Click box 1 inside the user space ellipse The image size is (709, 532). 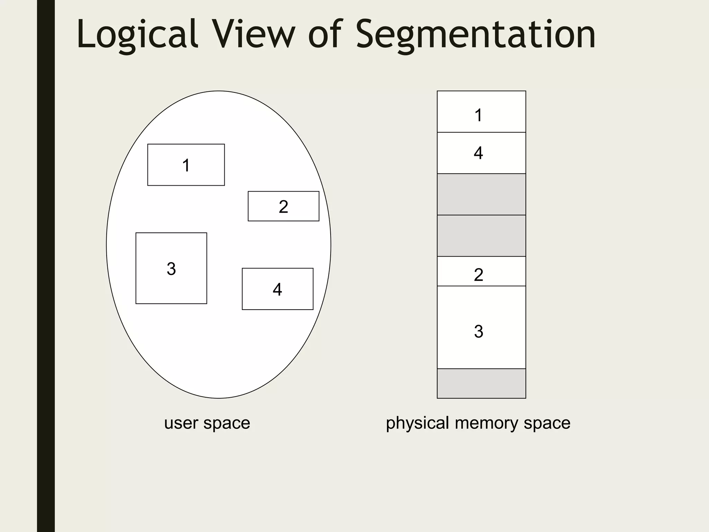[x=186, y=165]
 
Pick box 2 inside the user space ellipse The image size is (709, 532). [x=284, y=206]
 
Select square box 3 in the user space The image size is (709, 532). [x=171, y=268]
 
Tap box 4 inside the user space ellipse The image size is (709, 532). [x=278, y=289]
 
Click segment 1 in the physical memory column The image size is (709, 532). [x=481, y=112]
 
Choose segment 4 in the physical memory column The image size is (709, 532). [x=481, y=153]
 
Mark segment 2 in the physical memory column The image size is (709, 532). [x=481, y=272]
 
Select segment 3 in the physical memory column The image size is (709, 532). [x=481, y=327]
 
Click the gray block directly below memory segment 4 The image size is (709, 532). [x=481, y=194]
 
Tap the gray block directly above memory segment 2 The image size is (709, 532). [x=481, y=236]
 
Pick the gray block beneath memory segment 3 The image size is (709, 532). [x=481, y=383]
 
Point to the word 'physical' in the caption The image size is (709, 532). [x=417, y=423]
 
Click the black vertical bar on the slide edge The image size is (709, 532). [x=46, y=266]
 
